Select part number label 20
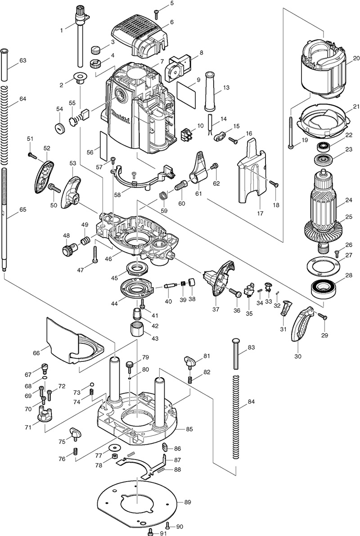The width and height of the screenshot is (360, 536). [x=356, y=58]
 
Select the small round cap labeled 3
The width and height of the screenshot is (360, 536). [x=95, y=50]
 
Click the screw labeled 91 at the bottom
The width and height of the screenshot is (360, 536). [x=151, y=532]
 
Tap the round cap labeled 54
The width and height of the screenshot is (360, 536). [x=58, y=127]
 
